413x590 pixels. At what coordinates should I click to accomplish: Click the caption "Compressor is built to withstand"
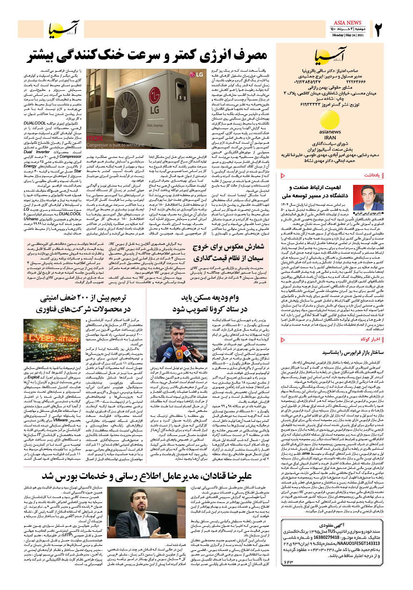(115, 145)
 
